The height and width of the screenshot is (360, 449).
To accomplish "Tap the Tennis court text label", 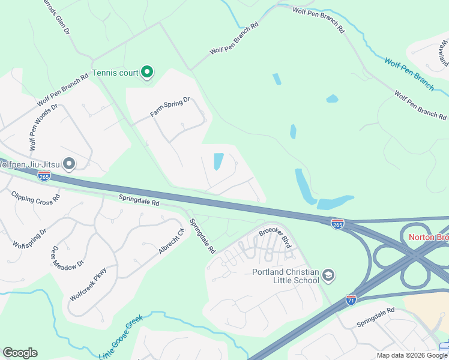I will pyautogui.click(x=115, y=74).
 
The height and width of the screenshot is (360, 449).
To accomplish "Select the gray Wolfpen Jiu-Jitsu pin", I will pyautogui.click(x=70, y=163).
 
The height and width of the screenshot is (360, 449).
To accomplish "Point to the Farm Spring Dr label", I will pyautogui.click(x=169, y=107).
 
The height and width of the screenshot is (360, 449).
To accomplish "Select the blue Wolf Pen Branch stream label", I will pyautogui.click(x=409, y=74).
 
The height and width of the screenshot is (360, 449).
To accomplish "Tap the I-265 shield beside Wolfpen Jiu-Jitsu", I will pyautogui.click(x=44, y=176).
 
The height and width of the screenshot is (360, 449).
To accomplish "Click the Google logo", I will pyautogui.click(x=20, y=353).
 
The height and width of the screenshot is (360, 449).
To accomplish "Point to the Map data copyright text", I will pyautogui.click(x=412, y=355).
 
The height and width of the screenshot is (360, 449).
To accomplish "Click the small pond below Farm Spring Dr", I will pyautogui.click(x=218, y=161).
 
